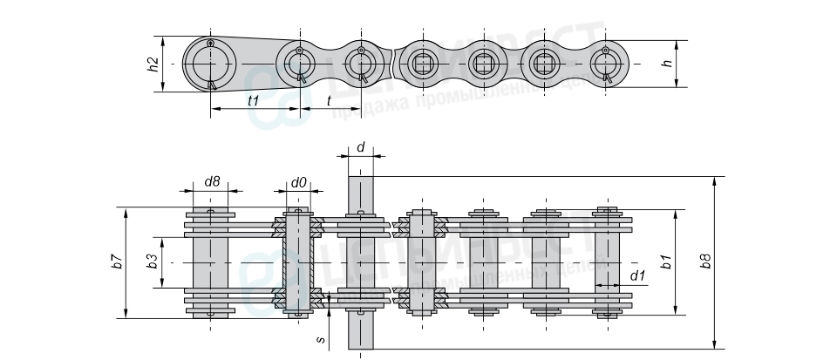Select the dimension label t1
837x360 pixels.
tap(254, 100)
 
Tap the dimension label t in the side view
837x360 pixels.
tap(328, 100)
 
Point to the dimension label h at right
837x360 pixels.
tap(666, 63)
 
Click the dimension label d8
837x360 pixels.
tap(211, 181)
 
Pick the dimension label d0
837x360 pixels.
tap(298, 181)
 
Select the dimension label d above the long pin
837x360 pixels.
tap(360, 148)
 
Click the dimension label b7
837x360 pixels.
tap(116, 262)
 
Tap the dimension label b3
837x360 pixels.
tap(151, 262)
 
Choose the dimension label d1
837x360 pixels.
tap(637, 276)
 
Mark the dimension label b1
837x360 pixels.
tap(666, 262)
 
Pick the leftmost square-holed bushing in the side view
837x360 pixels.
tap(421, 64)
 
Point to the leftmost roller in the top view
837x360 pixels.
tap(209, 262)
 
